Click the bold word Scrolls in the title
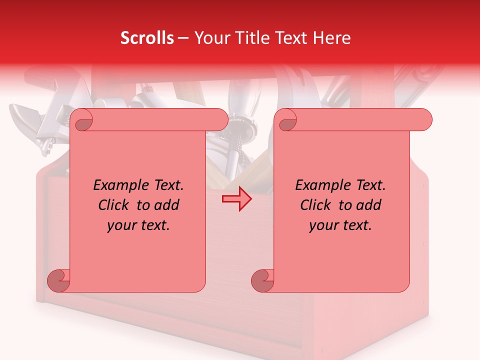pyautogui.click(x=147, y=38)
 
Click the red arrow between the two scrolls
pyautogui.click(x=237, y=199)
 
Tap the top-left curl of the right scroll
pyautogui.click(x=287, y=120)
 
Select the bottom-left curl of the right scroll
pyautogui.click(x=262, y=281)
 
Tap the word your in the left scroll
pyautogui.click(x=121, y=225)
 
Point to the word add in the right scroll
pyautogui.click(x=368, y=205)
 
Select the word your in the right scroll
pyautogui.click(x=323, y=225)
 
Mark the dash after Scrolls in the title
pyautogui.click(x=183, y=38)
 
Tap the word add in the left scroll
pyautogui.click(x=166, y=205)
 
